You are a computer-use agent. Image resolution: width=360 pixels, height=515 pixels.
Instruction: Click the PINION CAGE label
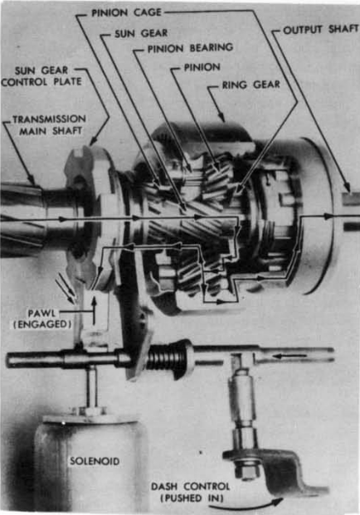(x=126, y=12)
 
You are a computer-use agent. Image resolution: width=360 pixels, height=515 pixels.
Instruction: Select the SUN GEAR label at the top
(x=141, y=33)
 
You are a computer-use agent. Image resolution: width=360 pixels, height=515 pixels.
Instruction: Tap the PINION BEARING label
(x=190, y=48)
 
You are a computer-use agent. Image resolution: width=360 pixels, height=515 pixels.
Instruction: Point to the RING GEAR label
(x=251, y=85)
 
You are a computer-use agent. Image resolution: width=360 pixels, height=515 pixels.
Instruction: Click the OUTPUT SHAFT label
(x=320, y=30)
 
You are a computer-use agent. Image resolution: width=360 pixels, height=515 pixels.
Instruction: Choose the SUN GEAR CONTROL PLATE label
(x=41, y=75)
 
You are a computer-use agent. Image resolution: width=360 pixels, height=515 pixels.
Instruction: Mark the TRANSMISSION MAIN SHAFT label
(x=49, y=124)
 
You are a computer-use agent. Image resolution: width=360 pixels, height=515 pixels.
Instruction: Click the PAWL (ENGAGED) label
(x=42, y=318)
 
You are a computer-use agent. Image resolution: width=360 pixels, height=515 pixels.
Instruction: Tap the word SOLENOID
(x=95, y=461)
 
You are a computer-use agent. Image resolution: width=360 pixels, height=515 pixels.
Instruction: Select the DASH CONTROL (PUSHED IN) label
(x=191, y=492)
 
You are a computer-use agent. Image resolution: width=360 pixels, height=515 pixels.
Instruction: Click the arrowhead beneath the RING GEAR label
(x=222, y=118)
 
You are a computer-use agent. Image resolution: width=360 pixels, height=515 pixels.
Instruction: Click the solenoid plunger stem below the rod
(x=91, y=387)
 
